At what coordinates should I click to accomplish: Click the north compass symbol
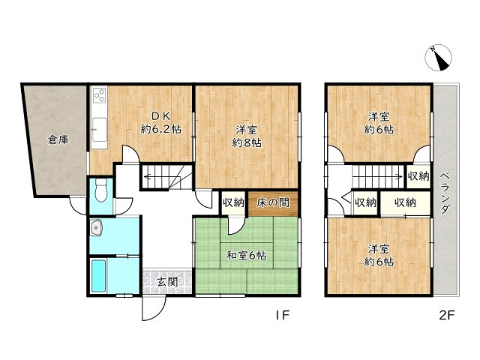point(438,58)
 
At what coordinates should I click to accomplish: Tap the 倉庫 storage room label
point(58,140)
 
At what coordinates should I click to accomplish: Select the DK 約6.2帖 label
point(161,123)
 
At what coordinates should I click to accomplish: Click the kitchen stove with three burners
point(100,94)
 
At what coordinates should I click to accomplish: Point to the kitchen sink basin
point(100,130)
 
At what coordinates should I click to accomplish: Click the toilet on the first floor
point(100,190)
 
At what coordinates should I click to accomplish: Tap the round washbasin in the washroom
point(97,228)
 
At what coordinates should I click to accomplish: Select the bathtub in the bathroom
point(98,276)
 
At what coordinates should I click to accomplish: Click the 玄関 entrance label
point(168,282)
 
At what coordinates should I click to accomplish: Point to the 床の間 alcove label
point(273,202)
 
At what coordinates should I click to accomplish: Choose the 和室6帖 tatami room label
point(246,255)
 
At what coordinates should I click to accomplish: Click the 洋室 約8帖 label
point(247,136)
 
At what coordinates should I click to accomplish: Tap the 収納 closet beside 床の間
point(233,202)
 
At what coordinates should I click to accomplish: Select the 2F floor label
point(448,315)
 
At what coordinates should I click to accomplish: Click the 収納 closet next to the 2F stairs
point(418,176)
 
